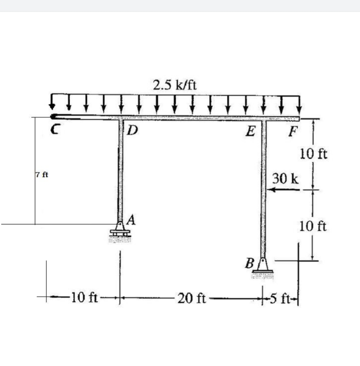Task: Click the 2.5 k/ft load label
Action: pyautogui.click(x=175, y=85)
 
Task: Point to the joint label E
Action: pyautogui.click(x=250, y=130)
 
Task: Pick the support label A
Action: pyautogui.click(x=132, y=219)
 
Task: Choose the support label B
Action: pyautogui.click(x=250, y=263)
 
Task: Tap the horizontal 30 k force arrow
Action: pyautogui.click(x=283, y=190)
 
